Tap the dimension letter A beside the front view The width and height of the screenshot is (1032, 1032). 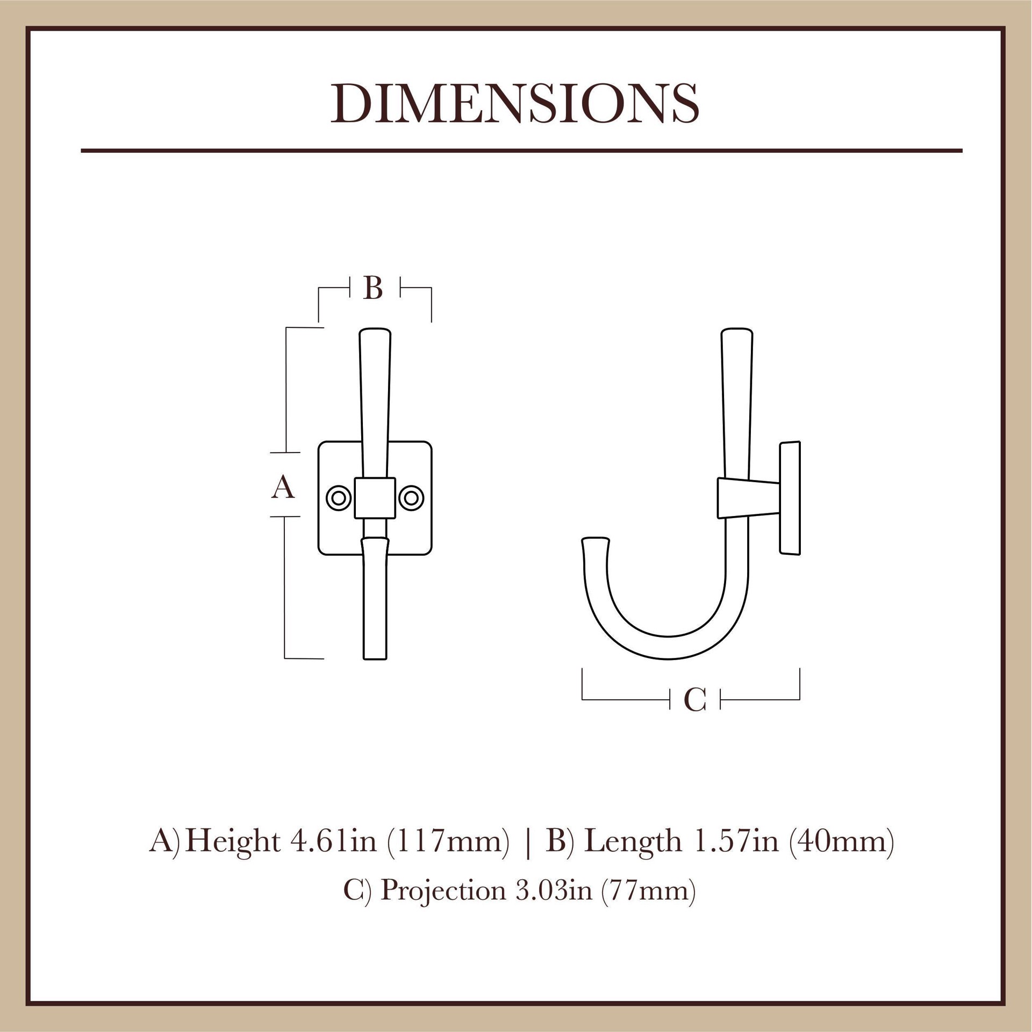pyautogui.click(x=283, y=488)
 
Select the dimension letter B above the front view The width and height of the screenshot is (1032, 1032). pyautogui.click(x=373, y=288)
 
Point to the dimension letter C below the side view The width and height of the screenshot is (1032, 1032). pyautogui.click(x=694, y=700)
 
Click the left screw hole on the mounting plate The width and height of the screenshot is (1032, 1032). pyautogui.click(x=339, y=498)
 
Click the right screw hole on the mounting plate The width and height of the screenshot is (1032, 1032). pyautogui.click(x=411, y=498)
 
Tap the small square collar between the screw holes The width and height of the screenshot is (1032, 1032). pyautogui.click(x=375, y=498)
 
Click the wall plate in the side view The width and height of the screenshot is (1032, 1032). pyautogui.click(x=790, y=498)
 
